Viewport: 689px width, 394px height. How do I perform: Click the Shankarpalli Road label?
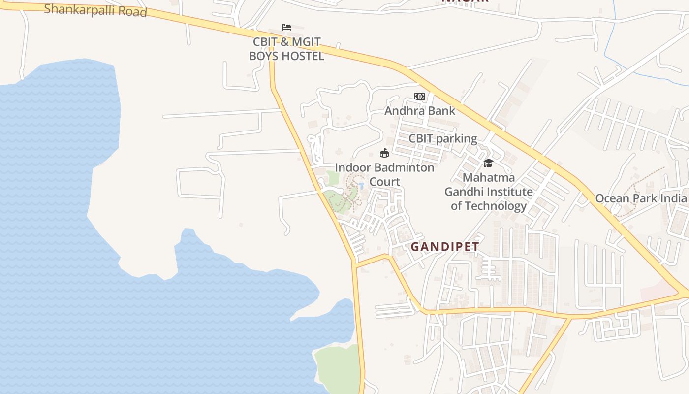click(95, 10)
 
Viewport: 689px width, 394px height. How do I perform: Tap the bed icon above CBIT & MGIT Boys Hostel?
click(286, 27)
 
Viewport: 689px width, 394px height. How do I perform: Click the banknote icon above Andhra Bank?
click(419, 96)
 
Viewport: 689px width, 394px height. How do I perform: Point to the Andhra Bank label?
click(420, 111)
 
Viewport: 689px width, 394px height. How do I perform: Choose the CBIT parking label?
click(443, 139)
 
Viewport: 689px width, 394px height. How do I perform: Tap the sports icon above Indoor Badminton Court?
click(384, 153)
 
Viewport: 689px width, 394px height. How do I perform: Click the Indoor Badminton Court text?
click(384, 174)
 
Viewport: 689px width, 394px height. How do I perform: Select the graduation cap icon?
click(488, 163)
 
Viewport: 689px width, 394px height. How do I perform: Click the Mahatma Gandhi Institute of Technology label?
click(489, 192)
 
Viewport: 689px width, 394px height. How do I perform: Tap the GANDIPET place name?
click(445, 247)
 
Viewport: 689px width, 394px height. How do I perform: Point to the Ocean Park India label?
click(641, 198)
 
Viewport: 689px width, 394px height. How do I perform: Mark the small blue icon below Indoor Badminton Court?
click(361, 186)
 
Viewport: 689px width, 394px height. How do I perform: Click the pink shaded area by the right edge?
click(657, 293)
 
